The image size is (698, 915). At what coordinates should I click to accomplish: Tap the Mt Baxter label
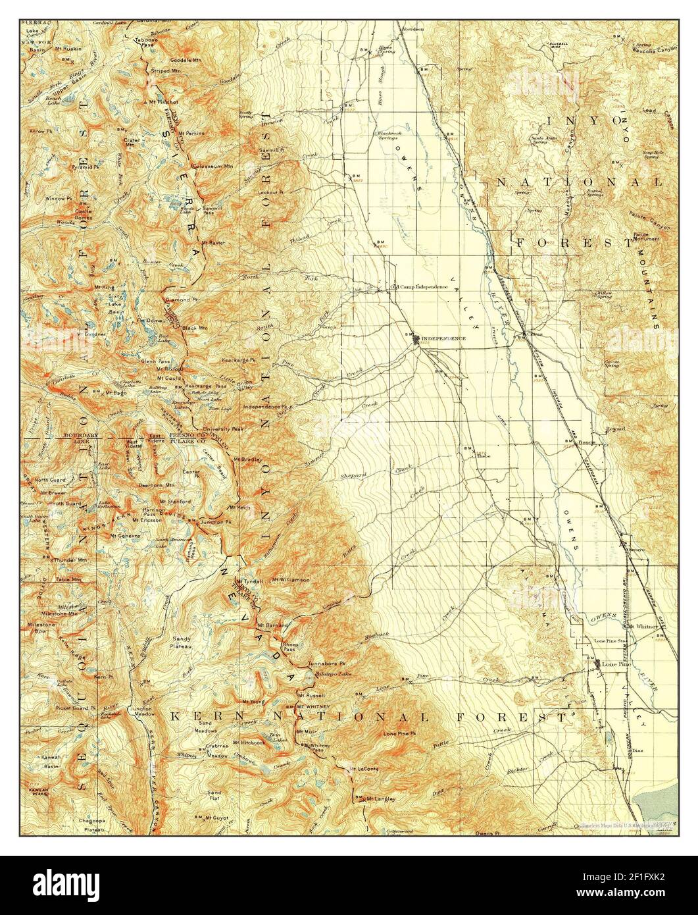(212, 242)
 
